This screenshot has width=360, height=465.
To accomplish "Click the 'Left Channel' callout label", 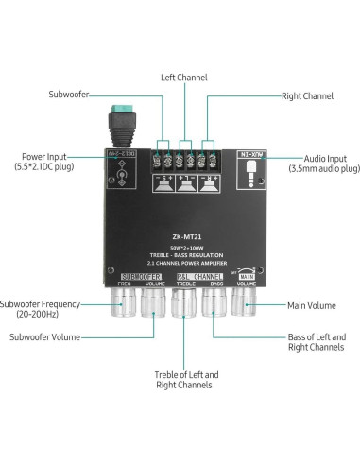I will (183, 77).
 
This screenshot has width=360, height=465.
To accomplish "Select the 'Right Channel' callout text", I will (308, 95).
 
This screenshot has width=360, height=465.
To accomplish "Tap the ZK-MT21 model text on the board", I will (184, 236).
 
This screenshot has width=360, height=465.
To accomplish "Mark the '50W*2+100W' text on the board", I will (184, 248).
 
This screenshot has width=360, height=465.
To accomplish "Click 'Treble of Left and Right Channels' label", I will (184, 380).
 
